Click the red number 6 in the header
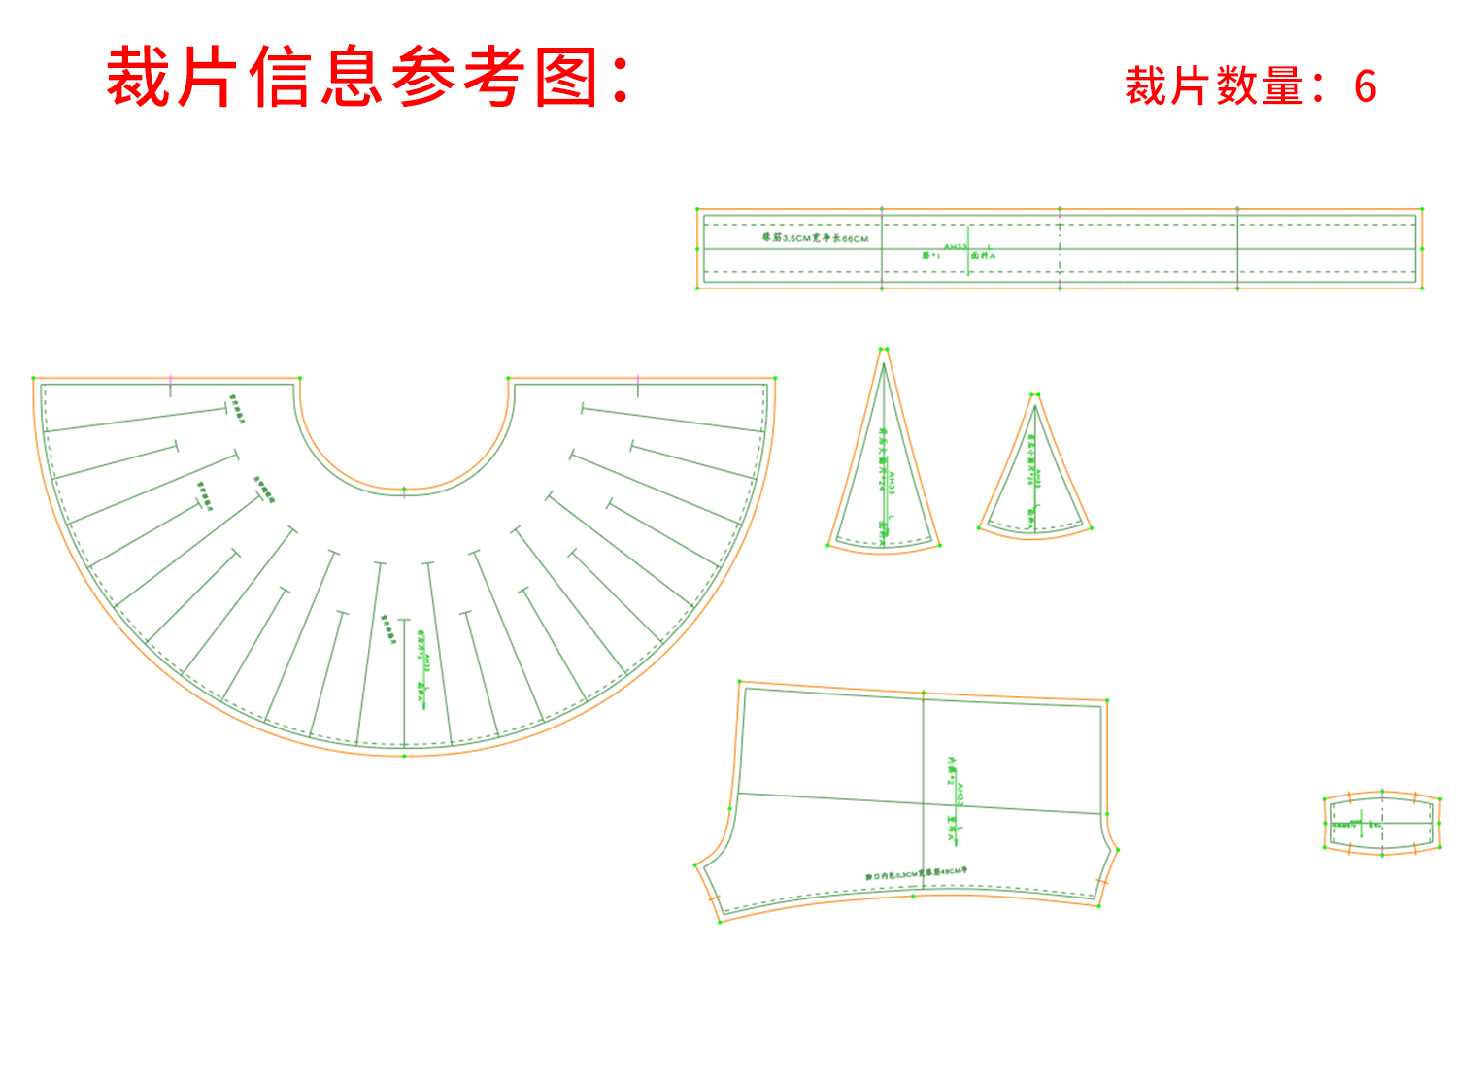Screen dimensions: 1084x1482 coord(1364,86)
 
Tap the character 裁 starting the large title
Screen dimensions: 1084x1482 coord(140,78)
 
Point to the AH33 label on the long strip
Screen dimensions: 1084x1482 coord(956,246)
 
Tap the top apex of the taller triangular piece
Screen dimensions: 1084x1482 coord(884,350)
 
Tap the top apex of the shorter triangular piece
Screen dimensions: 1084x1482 coord(1035,395)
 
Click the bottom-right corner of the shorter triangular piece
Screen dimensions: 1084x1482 coord(1092,528)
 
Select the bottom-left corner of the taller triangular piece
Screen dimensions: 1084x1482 coord(828,545)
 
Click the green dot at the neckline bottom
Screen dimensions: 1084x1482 coord(404,490)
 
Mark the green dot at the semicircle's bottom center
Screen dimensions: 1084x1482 coord(404,756)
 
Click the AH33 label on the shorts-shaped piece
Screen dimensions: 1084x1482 coord(960,796)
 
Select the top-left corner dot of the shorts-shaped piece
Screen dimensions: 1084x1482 coord(740,683)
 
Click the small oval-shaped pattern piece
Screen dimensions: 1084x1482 coord(1382,824)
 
